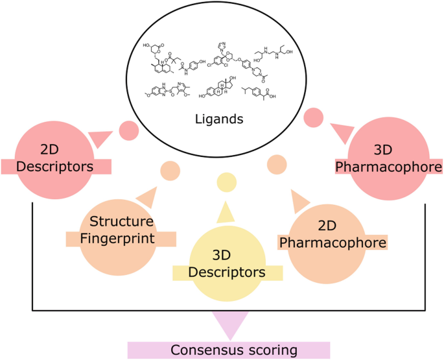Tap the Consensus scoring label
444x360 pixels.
229,350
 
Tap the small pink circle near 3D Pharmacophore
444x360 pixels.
313,117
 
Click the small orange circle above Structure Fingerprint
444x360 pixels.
169,171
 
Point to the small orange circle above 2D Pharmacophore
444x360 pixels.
277,163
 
